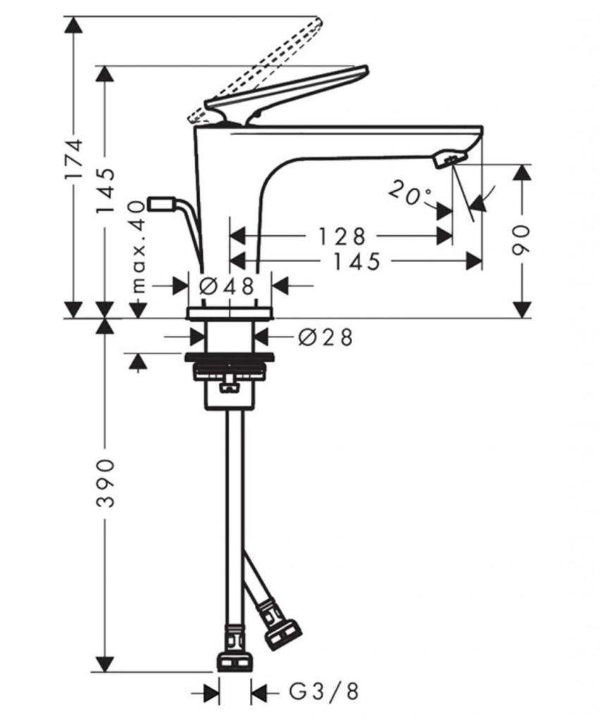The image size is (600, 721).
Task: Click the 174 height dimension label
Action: point(74,158)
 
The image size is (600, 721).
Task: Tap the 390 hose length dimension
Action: point(106,482)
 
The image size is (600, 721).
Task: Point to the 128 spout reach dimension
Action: point(342,237)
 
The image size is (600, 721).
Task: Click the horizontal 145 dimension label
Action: point(357,262)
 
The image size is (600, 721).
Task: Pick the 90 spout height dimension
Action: point(521,239)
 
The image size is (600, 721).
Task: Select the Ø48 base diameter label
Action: point(227,286)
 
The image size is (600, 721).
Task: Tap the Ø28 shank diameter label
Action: point(325,337)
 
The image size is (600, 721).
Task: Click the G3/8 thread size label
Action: point(324,691)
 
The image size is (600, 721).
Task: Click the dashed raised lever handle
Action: point(256,70)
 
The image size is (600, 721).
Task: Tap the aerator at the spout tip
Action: point(450,158)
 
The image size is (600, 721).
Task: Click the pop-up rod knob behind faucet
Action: point(161,203)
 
